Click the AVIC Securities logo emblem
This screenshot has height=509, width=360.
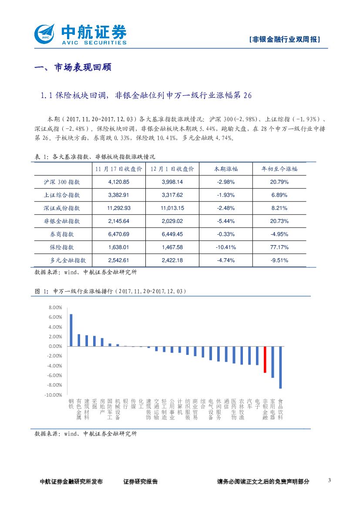[44, 34]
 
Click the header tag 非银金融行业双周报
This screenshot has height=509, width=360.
[285, 39]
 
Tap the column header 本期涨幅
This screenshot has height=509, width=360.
[225, 169]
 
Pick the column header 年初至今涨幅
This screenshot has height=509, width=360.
[279, 169]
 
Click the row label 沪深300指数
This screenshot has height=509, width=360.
[62, 182]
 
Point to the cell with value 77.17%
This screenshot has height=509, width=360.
[279, 247]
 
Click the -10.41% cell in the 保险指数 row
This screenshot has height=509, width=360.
[225, 247]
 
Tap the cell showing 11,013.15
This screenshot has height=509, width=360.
[172, 208]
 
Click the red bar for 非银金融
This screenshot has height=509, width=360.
[265, 359]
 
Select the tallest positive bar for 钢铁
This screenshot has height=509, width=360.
[71, 330]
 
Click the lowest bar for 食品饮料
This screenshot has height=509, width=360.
[280, 367]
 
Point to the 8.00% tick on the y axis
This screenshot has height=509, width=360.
[55, 307]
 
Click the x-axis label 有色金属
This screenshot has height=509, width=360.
[79, 409]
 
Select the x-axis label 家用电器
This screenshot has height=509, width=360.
[273, 409]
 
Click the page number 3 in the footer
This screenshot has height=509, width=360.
[329, 480]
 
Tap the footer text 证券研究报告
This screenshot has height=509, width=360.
[140, 482]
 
